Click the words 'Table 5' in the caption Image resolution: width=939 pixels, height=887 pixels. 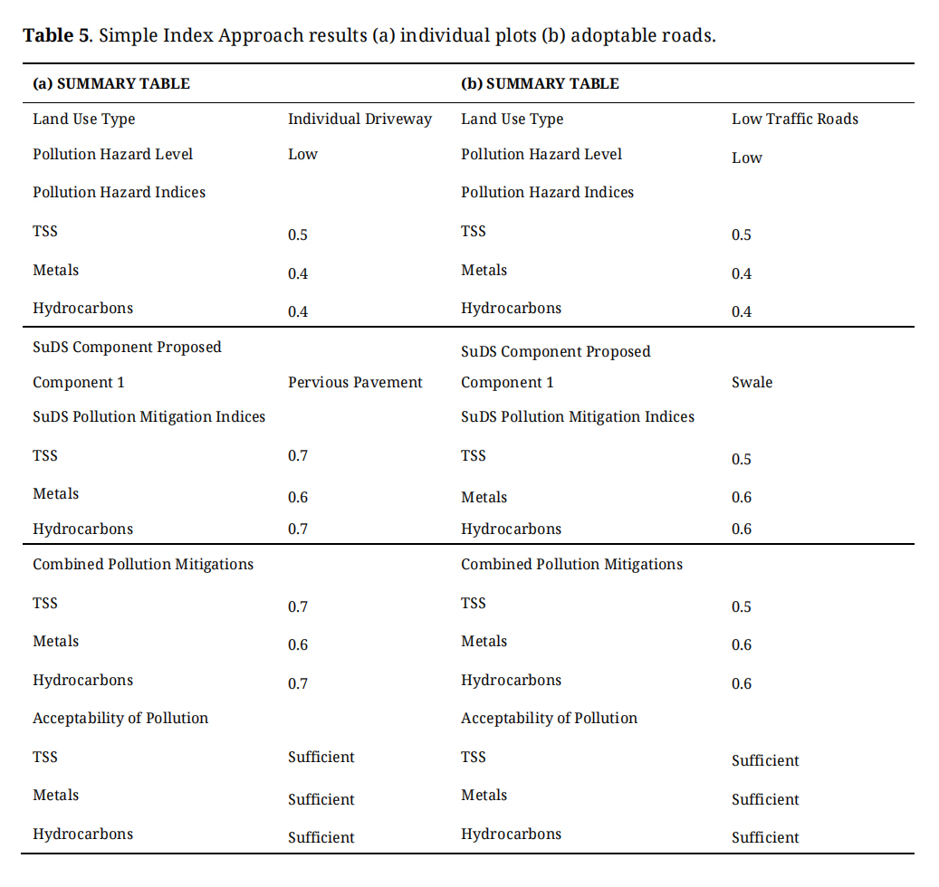56,36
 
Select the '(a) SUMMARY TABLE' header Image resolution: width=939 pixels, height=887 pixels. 111,84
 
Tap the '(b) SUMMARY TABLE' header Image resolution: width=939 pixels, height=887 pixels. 540,84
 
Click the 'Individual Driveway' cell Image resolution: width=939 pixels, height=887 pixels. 359,119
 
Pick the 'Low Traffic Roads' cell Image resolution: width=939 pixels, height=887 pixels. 794,119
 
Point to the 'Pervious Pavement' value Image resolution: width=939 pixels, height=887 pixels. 355,383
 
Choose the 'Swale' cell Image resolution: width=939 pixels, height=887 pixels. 752,383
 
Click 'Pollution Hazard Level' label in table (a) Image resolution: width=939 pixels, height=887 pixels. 113,155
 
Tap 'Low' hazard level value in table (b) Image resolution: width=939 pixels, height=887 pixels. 746,158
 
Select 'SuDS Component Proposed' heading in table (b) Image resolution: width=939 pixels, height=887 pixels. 555,352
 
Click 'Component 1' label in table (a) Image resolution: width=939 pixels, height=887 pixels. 79,383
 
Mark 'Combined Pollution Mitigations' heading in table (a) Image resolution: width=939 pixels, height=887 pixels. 143,565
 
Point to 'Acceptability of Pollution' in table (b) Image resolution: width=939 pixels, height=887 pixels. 549,719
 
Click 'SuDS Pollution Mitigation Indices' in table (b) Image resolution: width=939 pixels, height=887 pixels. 578,417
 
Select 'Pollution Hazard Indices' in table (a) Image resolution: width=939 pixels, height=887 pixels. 119,193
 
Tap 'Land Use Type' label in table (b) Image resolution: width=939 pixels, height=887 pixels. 512,119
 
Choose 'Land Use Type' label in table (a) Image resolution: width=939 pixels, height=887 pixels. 84,119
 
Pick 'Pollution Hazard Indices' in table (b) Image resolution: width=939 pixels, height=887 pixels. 547,193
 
